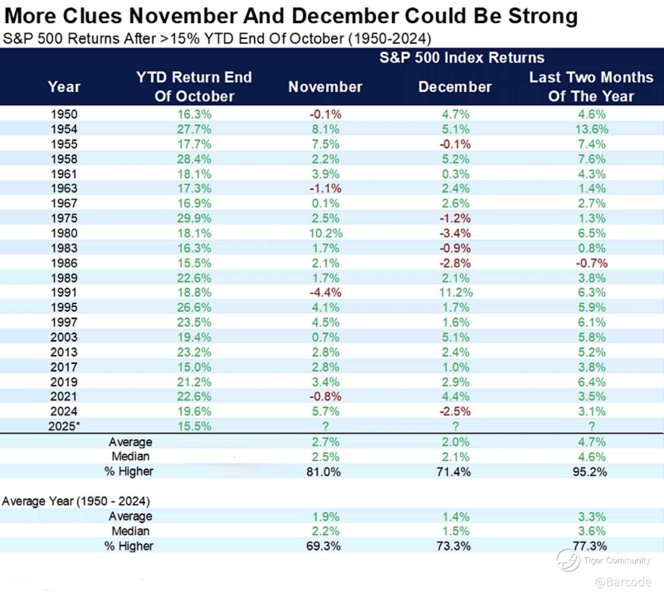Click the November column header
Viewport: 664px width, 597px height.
point(325,87)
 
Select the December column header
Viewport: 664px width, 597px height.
point(455,87)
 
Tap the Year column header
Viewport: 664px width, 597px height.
point(64,87)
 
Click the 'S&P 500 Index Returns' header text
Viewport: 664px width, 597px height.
point(462,58)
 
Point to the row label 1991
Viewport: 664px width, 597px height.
point(64,292)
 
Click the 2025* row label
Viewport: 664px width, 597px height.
point(64,426)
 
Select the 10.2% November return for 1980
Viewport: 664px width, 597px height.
point(325,233)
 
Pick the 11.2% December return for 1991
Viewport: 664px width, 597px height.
point(456,292)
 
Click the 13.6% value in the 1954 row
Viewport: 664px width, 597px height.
point(591,129)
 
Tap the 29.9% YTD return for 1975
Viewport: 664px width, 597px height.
point(194,219)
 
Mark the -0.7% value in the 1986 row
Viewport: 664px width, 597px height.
point(591,263)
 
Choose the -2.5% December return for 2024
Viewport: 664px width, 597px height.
point(455,411)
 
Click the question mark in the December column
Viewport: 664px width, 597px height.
point(456,426)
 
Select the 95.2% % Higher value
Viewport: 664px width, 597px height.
point(590,472)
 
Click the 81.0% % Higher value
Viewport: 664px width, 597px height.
point(323,472)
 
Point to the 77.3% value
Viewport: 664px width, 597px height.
point(590,546)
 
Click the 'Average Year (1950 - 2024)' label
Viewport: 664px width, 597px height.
point(76,501)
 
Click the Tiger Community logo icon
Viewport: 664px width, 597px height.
point(568,560)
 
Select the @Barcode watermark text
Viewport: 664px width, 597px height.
point(623,582)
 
